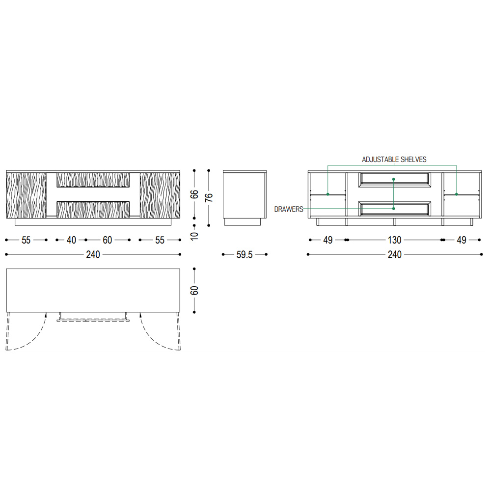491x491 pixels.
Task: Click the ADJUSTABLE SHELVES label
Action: tap(394, 160)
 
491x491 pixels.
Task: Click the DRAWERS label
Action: tap(288, 209)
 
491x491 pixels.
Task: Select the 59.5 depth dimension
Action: tap(244, 254)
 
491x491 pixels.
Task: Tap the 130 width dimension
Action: tap(395, 240)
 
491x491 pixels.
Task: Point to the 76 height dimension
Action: tap(209, 197)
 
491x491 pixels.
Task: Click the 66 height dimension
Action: tap(194, 194)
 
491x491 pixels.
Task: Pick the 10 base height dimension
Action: tap(194, 236)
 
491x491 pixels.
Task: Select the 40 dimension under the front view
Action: tap(71, 240)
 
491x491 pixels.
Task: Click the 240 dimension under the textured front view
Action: tap(93, 254)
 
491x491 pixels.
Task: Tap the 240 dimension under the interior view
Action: tap(395, 254)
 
